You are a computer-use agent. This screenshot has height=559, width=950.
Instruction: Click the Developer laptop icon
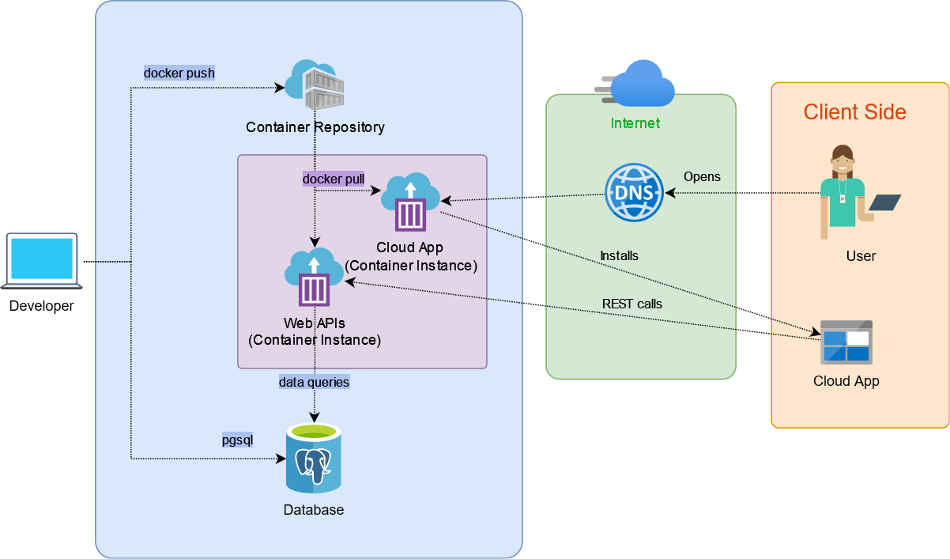(42, 260)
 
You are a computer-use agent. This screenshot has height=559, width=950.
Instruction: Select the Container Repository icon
(316, 84)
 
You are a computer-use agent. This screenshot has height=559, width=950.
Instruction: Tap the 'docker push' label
(179, 73)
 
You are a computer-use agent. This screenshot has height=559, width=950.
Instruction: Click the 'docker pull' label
(334, 179)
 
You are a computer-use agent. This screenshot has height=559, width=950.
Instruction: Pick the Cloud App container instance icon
(410, 202)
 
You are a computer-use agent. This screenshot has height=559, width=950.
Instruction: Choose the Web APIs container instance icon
(314, 278)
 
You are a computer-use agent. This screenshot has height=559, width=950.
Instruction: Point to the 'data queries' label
(314, 382)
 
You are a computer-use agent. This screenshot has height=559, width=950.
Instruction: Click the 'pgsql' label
(237, 440)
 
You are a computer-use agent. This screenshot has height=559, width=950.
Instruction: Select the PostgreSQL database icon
(314, 458)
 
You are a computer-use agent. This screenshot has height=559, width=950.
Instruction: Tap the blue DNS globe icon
(634, 192)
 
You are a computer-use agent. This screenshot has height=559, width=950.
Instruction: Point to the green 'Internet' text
(635, 123)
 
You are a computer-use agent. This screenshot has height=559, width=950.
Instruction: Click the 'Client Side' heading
(854, 112)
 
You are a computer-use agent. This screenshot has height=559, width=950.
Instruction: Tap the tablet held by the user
(884, 202)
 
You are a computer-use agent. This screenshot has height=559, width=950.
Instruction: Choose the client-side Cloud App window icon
(846, 342)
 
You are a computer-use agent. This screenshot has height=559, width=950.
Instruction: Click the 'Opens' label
(702, 176)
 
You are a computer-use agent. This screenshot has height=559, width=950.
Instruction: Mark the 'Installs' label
(619, 255)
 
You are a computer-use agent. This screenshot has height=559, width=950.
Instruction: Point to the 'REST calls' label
(632, 304)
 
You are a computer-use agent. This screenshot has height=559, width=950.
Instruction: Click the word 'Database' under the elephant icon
(314, 510)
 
